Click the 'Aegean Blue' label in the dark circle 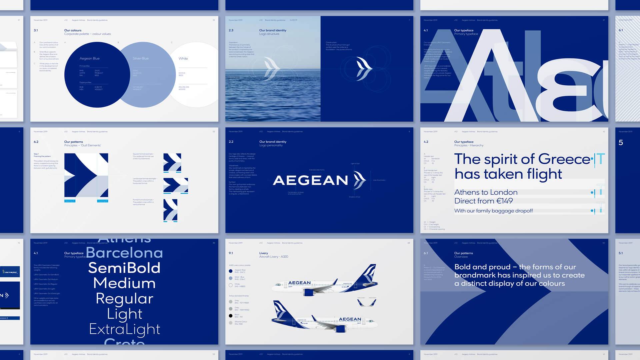point(89,58)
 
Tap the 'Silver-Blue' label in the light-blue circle point(141,58)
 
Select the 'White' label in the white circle point(183,58)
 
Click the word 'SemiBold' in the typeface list point(124,268)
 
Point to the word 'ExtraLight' point(125,329)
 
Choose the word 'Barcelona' point(124,253)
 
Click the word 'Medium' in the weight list point(124,283)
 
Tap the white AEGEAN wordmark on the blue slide point(310,180)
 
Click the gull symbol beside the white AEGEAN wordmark point(359,180)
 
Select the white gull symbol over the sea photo point(271,68)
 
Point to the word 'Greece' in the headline point(564,159)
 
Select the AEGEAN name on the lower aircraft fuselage point(350,319)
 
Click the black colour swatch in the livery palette point(230,316)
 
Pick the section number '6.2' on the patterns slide point(36,142)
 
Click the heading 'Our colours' point(73,30)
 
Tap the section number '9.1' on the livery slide point(231,253)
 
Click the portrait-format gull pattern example point(170,210)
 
